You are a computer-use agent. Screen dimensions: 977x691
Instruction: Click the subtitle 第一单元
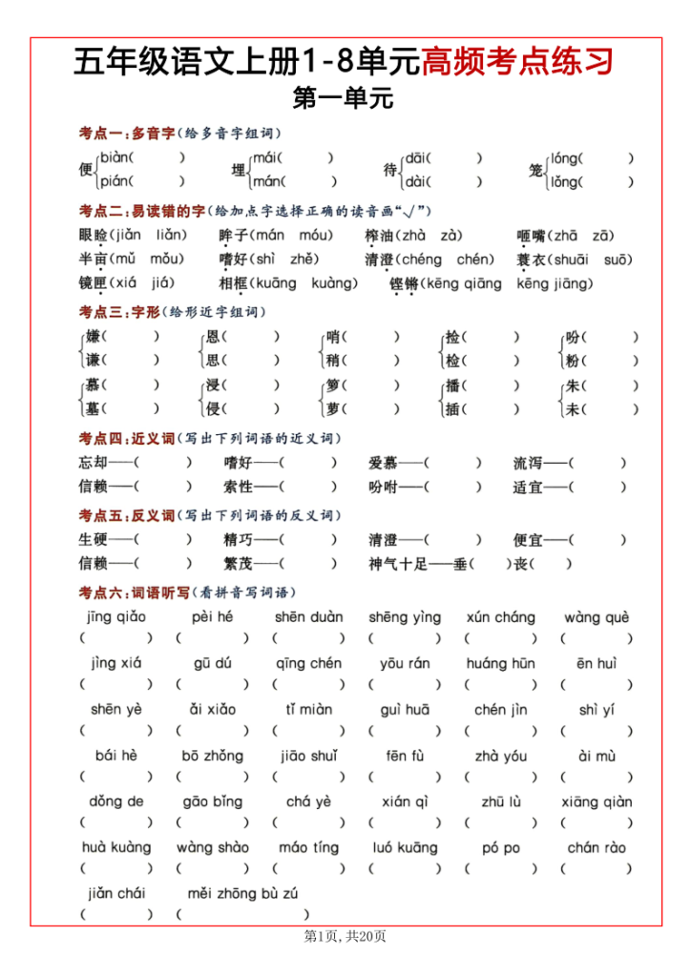[x=345, y=97]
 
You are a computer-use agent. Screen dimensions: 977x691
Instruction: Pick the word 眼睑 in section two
[x=94, y=236]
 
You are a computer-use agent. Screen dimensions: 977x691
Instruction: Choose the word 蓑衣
[x=532, y=260]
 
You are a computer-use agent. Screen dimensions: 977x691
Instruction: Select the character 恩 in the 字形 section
[x=214, y=336]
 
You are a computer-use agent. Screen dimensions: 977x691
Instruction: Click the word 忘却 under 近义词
[x=94, y=463]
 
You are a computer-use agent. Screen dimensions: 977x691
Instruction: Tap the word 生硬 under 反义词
[x=94, y=539]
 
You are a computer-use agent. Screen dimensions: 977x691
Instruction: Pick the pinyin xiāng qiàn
[x=597, y=801]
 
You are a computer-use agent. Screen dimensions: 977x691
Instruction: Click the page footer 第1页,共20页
[x=345, y=937]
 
